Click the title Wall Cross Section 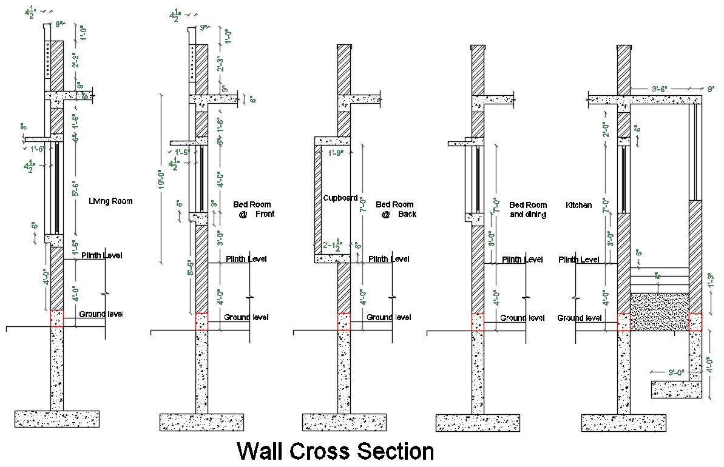coord(335,452)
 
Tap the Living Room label coord(110,201)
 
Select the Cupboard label coord(340,198)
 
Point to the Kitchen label coord(578,205)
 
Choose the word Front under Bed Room coord(265,214)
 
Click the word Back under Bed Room coord(407,214)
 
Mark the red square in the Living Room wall coord(57,318)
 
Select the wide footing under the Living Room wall coord(57,418)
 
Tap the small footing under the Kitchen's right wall coord(677,389)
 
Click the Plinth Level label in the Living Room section coord(101,255)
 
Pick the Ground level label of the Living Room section coord(101,314)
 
